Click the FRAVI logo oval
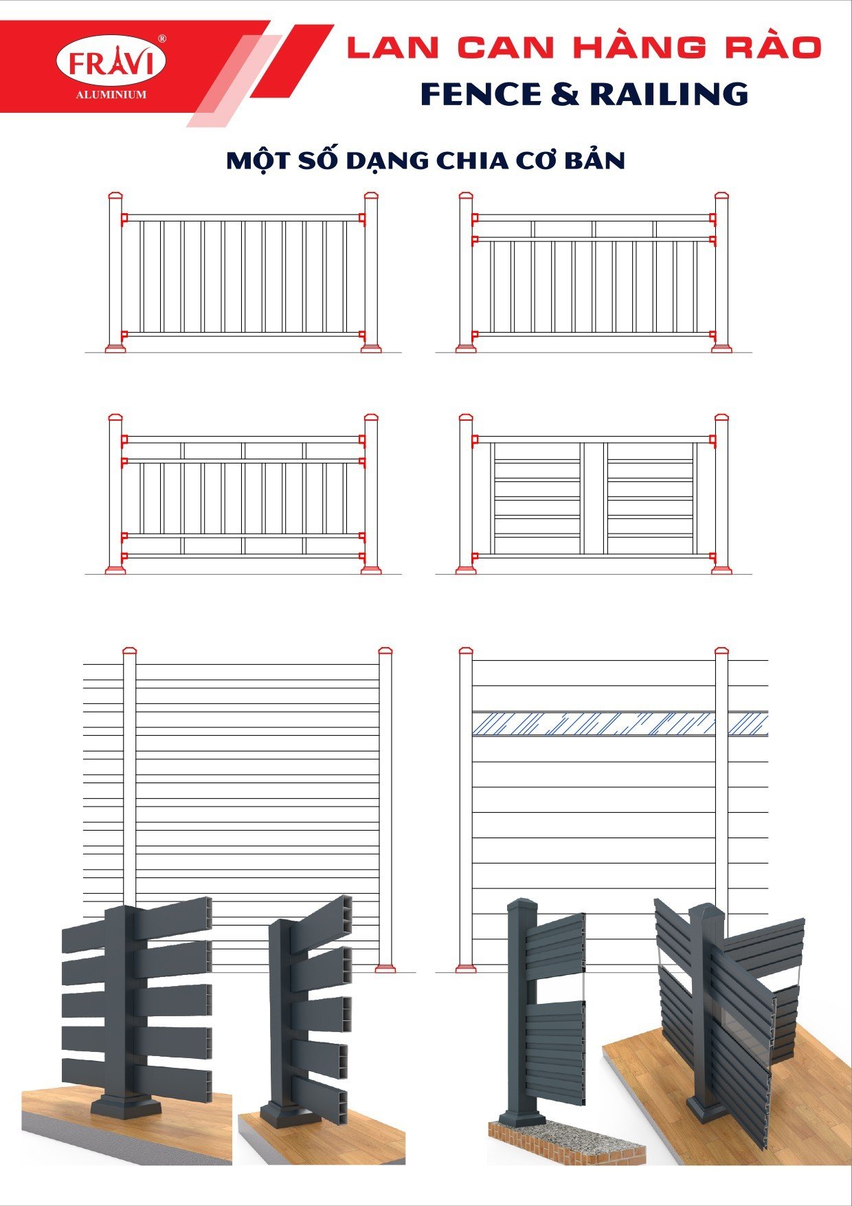tap(111, 63)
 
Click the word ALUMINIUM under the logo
tap(111, 95)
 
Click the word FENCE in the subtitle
tap(482, 94)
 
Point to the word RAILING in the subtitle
tap(669, 94)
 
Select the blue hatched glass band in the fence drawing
tap(620, 724)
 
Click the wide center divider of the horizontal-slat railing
tap(594, 498)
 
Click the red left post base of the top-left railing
tap(115, 348)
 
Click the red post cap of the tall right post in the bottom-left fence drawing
tap(385, 650)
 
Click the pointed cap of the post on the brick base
tap(523, 904)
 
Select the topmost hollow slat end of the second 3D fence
tap(341, 910)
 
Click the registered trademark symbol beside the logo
tap(162, 39)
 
